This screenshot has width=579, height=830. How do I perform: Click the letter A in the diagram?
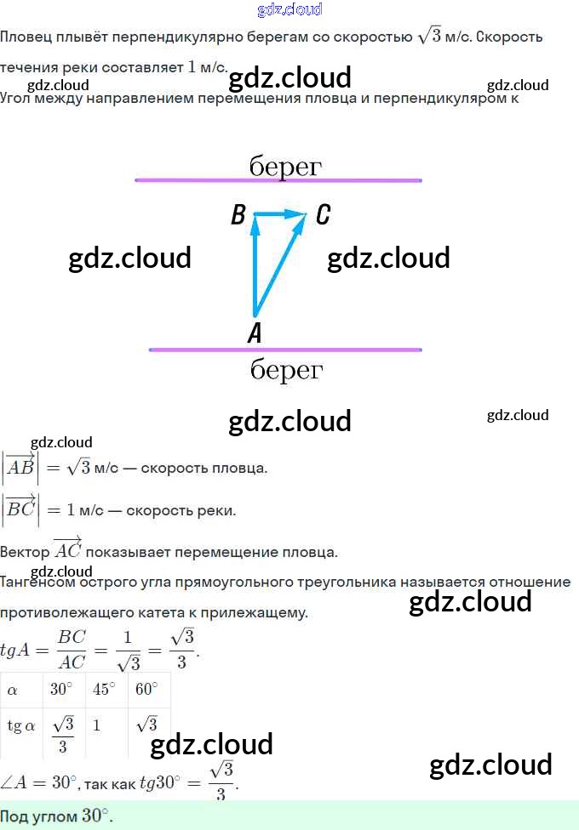pos(254,333)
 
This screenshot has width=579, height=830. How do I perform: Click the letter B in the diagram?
pos(238,215)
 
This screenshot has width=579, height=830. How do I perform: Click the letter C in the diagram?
pos(323,215)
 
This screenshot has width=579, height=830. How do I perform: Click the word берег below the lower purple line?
pos(287,370)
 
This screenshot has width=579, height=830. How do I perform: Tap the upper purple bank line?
pos(278,180)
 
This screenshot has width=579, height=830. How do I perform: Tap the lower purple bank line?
pos(285,350)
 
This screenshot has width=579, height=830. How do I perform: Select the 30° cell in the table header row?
pos(61,690)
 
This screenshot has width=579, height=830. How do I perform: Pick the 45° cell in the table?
pos(104,690)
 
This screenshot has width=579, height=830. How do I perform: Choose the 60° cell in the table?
pos(146,690)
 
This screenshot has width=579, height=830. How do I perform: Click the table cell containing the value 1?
pos(97,727)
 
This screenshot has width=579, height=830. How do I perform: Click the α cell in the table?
pos(12,691)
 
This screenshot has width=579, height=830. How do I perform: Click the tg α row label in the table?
pos(21,726)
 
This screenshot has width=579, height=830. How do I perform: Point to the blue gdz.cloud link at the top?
pos(289,9)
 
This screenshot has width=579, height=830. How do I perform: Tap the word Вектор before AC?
pos(25,551)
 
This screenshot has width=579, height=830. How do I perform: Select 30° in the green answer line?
pos(95,816)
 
